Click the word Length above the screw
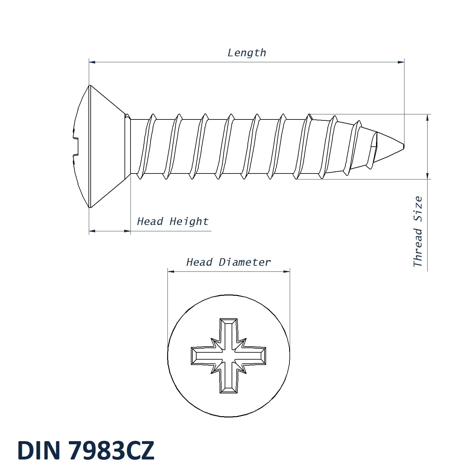(247, 53)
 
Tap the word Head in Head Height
(150, 221)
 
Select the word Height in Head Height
(189, 222)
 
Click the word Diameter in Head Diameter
(245, 262)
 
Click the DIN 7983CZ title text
(86, 450)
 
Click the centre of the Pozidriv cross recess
(228, 356)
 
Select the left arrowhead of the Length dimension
(92, 62)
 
